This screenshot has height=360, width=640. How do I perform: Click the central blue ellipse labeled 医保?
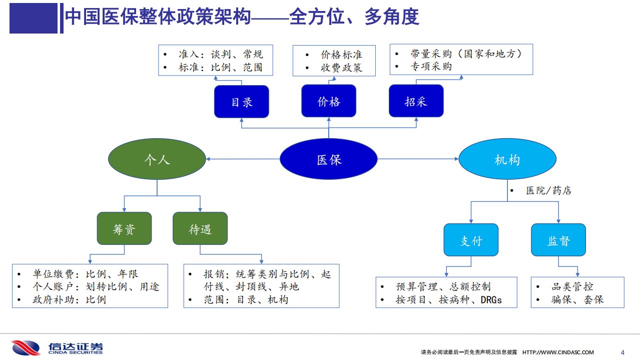[328, 159]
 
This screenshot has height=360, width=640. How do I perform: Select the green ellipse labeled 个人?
[157, 159]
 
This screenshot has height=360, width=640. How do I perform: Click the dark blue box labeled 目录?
[242, 102]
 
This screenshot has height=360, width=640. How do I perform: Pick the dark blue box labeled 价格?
[329, 101]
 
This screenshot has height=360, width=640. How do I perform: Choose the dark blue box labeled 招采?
[416, 101]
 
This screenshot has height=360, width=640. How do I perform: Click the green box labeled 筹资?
[124, 229]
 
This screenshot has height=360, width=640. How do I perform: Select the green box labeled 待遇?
[200, 229]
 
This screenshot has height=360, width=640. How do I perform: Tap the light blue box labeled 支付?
[471, 240]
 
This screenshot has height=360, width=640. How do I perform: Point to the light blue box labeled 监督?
[558, 240]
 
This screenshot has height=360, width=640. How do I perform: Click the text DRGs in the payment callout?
[491, 300]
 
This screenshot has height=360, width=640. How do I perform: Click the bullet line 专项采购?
[431, 66]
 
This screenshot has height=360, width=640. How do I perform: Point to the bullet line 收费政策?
[341, 68]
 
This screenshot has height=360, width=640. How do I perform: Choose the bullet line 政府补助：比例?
[69, 299]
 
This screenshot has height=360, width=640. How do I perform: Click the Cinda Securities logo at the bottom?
[57, 347]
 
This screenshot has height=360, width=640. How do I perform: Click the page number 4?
[622, 352]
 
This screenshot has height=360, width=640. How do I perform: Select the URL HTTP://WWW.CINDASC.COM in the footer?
[558, 352]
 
